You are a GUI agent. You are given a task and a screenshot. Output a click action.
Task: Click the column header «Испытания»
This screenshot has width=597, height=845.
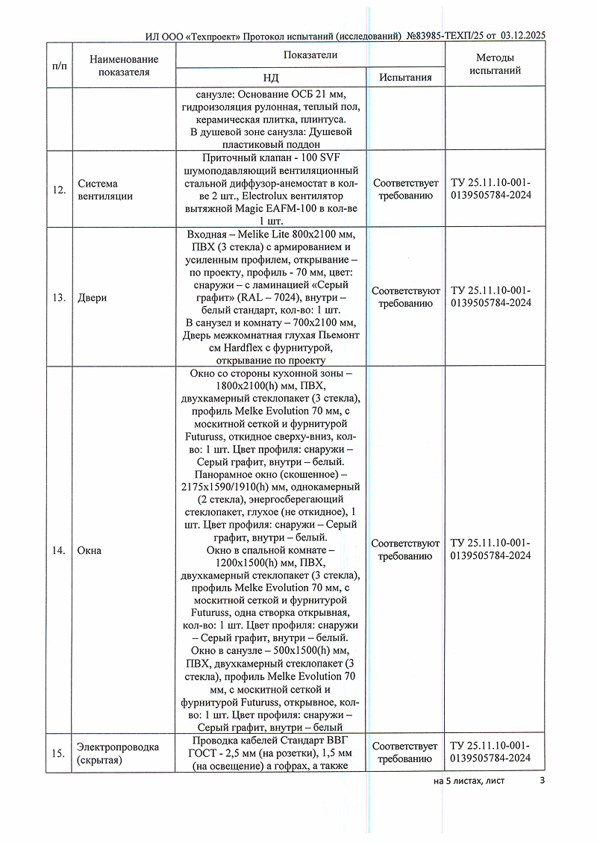pos(405,78)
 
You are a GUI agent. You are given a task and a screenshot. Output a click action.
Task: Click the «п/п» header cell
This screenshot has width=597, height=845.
pos(60,66)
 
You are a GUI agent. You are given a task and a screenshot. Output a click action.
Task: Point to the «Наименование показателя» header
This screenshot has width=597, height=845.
pos(123,66)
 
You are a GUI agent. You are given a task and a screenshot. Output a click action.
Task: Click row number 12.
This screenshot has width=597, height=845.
pos(59,190)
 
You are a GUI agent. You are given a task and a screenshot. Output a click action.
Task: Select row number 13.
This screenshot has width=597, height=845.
pos(59,298)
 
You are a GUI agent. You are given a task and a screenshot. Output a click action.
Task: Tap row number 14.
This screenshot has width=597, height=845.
pos(59,550)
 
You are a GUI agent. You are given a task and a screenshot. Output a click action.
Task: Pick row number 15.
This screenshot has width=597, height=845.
pos(59,753)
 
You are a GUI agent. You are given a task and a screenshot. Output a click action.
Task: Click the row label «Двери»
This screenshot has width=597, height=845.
pos(93,298)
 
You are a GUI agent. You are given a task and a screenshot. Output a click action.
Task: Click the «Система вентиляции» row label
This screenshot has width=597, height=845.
pos(105,190)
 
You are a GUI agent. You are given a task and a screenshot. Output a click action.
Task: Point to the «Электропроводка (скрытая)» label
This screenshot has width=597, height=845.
pos(118,753)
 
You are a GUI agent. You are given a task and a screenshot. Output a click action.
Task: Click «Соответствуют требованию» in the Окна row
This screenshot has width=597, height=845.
pos(405,549)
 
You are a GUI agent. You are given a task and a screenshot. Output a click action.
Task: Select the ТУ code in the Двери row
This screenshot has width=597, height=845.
pos(491,296)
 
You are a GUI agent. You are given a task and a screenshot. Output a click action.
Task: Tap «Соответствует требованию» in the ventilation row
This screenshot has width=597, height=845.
pos(405,189)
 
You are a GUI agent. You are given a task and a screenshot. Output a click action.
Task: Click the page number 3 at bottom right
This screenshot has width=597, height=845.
pos(543,781)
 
